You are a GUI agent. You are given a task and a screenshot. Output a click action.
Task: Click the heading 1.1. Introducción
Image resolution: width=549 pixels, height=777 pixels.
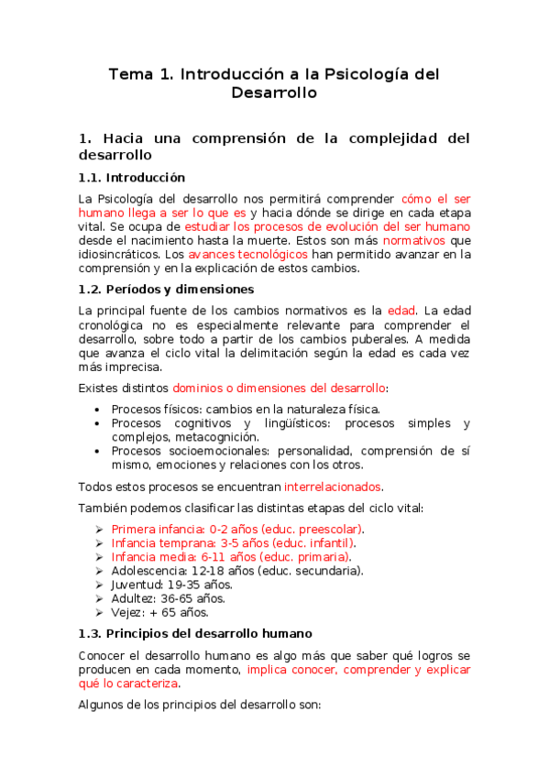[x=132, y=178]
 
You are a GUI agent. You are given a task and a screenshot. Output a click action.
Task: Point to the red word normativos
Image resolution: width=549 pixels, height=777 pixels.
[x=413, y=240]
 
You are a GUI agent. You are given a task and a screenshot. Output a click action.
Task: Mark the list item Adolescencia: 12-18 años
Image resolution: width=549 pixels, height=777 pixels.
[x=236, y=571]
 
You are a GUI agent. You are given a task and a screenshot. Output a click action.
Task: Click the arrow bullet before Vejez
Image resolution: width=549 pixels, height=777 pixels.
[x=100, y=612]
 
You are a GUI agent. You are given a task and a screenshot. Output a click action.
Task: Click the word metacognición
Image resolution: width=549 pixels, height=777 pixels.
[x=206, y=437]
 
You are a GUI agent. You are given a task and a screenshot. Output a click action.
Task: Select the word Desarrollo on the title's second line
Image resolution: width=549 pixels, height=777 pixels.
[x=274, y=93]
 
